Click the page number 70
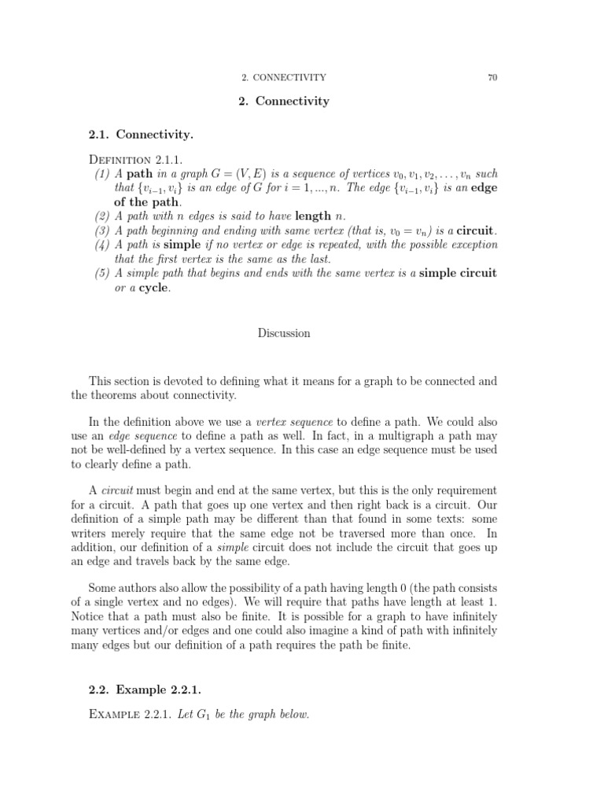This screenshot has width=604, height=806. pyautogui.click(x=492, y=77)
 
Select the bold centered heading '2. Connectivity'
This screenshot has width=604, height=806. pyautogui.click(x=283, y=102)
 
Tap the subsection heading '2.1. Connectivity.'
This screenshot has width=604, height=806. pyautogui.click(x=142, y=135)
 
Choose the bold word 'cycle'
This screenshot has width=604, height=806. pyautogui.click(x=154, y=287)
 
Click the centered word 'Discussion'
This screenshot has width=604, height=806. pyautogui.click(x=284, y=333)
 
